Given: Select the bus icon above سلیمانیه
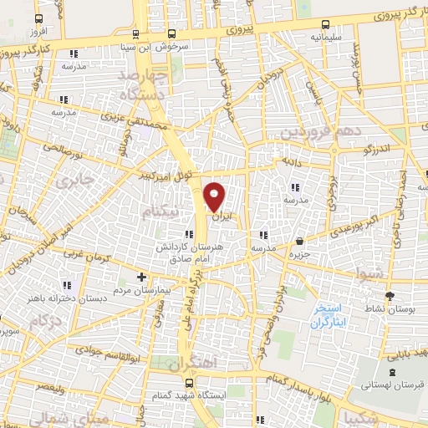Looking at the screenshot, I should (324, 24).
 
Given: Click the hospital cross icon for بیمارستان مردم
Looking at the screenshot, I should (140, 277).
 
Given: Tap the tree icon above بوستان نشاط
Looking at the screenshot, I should (390, 295).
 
